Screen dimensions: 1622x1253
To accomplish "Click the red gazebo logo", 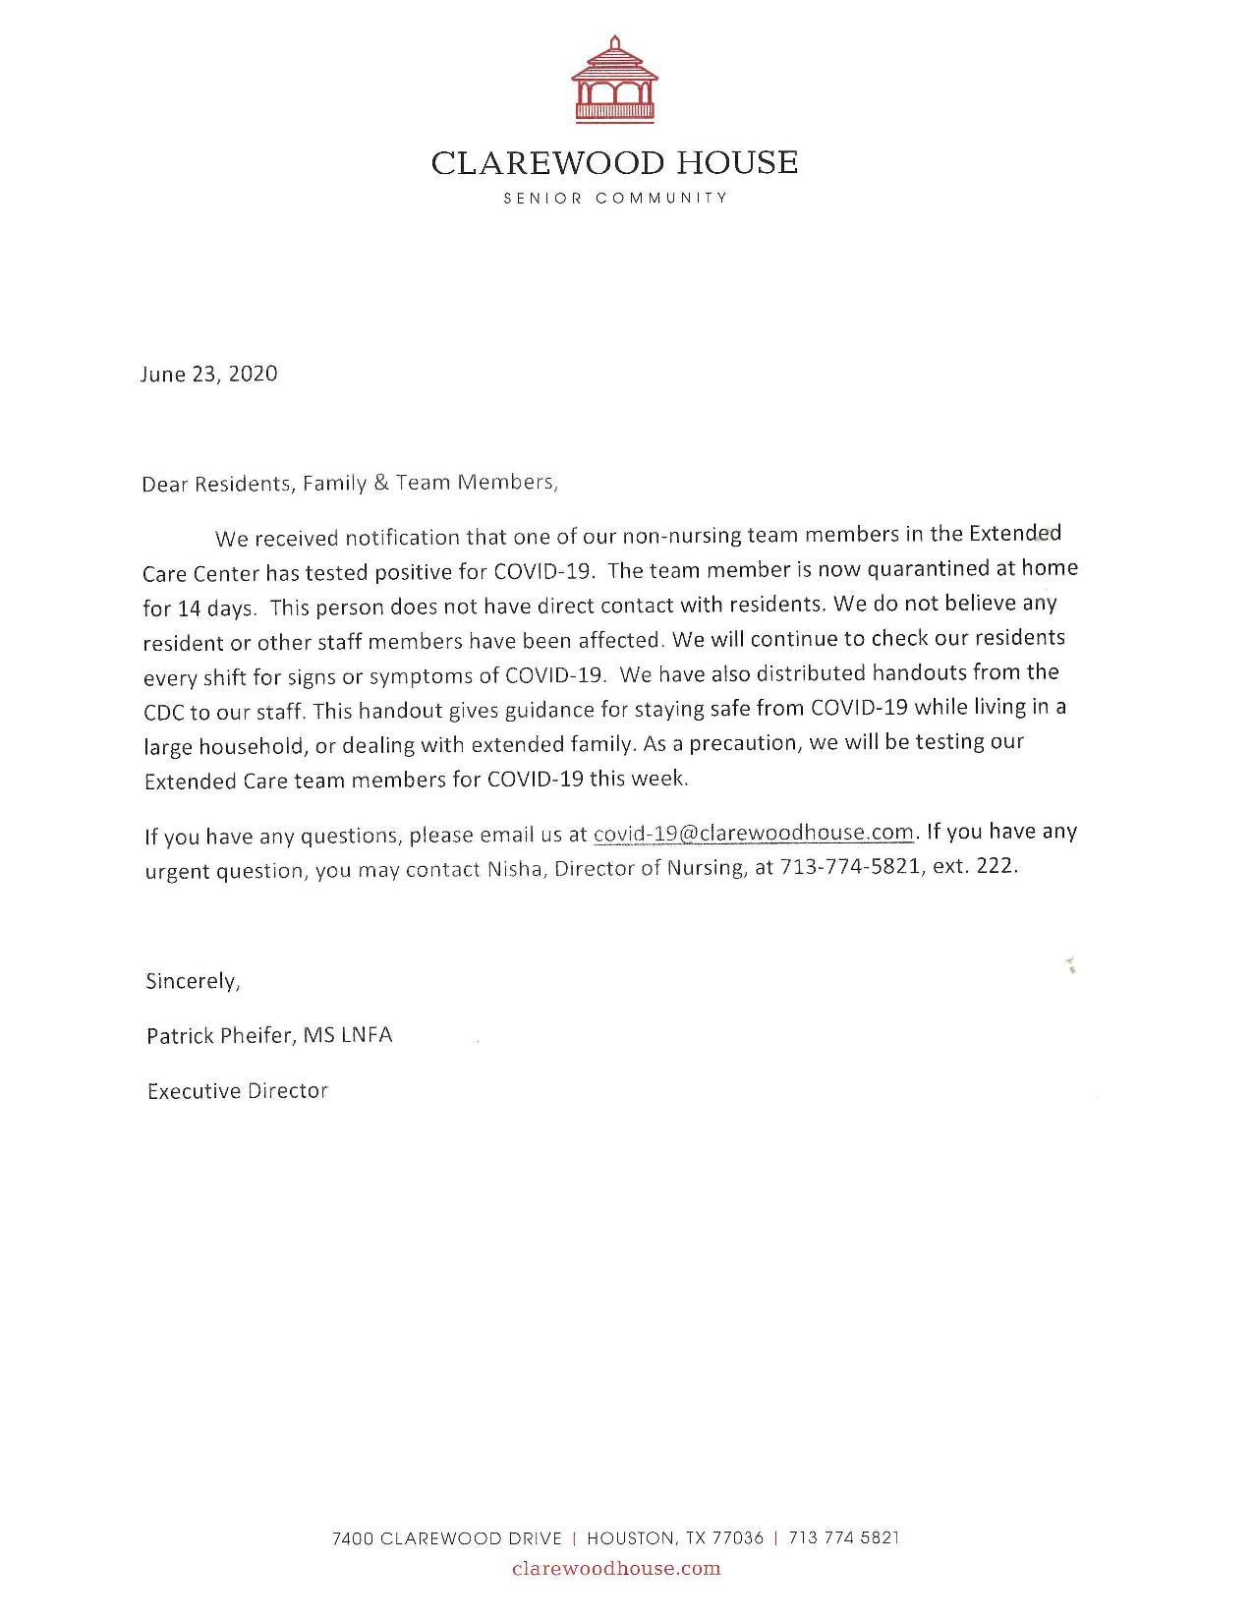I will [x=614, y=81].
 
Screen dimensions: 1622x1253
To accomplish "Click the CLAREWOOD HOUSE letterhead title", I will [x=614, y=162].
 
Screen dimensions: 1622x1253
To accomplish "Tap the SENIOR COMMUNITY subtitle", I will [x=615, y=198].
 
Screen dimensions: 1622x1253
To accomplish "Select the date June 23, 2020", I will [x=208, y=374].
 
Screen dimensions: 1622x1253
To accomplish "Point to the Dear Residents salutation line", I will [x=350, y=483].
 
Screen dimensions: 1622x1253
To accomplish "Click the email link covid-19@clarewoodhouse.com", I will [x=754, y=833].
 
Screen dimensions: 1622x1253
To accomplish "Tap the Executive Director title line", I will [x=237, y=1090].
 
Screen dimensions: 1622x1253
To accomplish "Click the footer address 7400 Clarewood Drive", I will [x=447, y=1538].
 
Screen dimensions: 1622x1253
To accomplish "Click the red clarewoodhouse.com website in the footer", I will [x=616, y=1569].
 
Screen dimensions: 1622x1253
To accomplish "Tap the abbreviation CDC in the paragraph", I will [x=164, y=713].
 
